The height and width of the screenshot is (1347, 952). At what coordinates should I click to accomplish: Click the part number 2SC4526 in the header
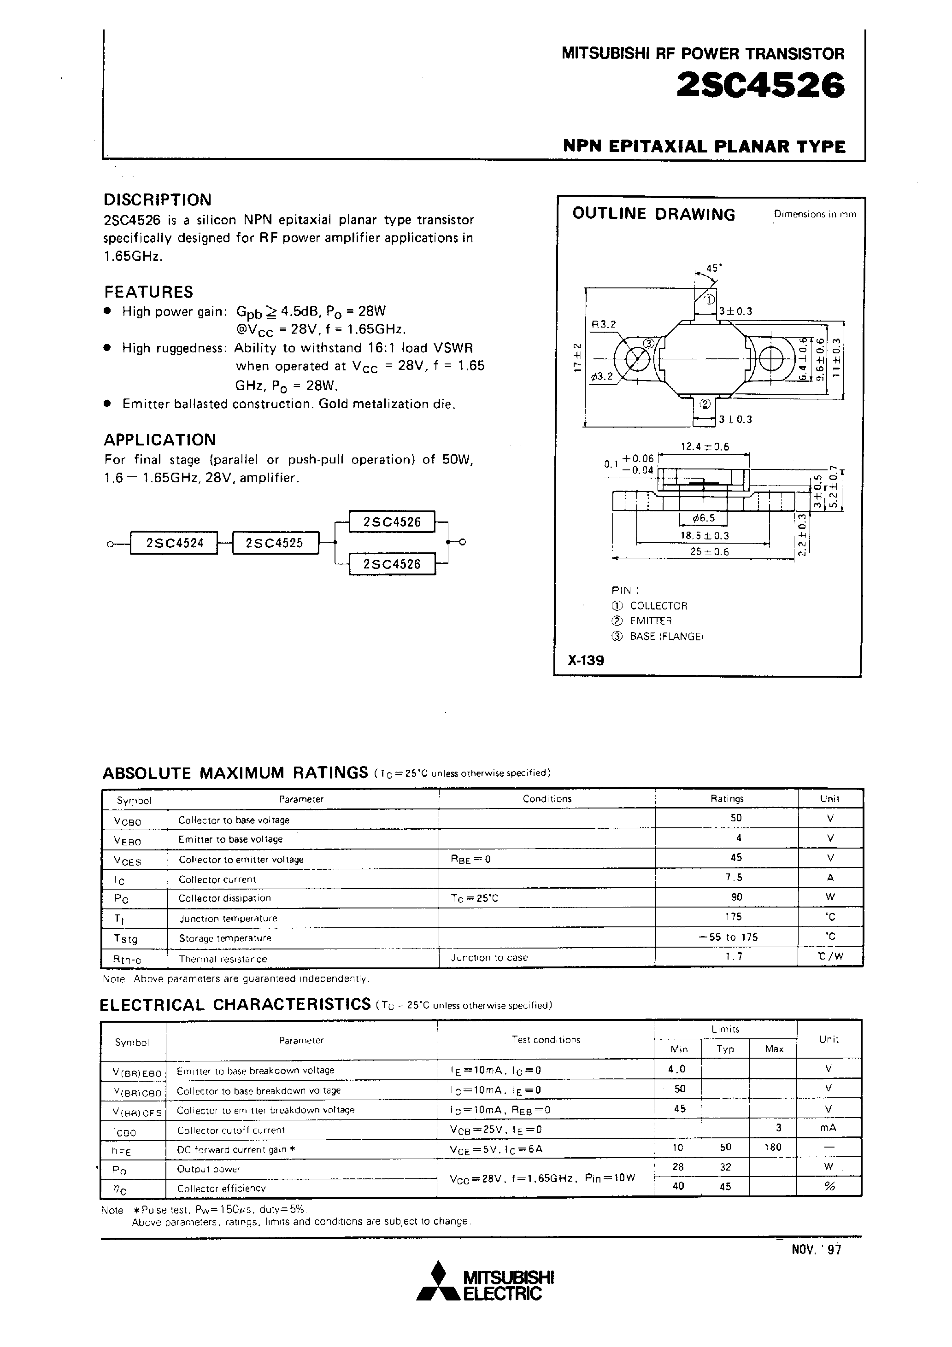[x=761, y=86]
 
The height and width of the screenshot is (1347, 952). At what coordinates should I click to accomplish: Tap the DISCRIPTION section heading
[x=157, y=199]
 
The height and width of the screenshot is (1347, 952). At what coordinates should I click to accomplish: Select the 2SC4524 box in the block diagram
[x=174, y=543]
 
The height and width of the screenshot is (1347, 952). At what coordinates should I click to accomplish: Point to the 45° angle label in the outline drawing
[x=713, y=268]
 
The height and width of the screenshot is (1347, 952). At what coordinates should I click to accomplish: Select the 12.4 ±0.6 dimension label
[x=704, y=446]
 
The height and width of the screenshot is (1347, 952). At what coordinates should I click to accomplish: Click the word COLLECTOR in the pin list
[x=658, y=605]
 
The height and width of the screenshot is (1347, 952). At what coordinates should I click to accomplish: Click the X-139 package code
[x=586, y=660]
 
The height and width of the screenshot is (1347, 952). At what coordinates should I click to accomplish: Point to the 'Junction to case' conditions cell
[x=489, y=957]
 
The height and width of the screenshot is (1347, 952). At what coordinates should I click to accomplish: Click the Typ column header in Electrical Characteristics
[x=725, y=1048]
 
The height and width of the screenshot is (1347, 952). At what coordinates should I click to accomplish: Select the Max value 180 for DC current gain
[x=773, y=1147]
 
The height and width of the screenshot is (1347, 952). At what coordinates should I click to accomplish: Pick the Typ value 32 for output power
[x=725, y=1167]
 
